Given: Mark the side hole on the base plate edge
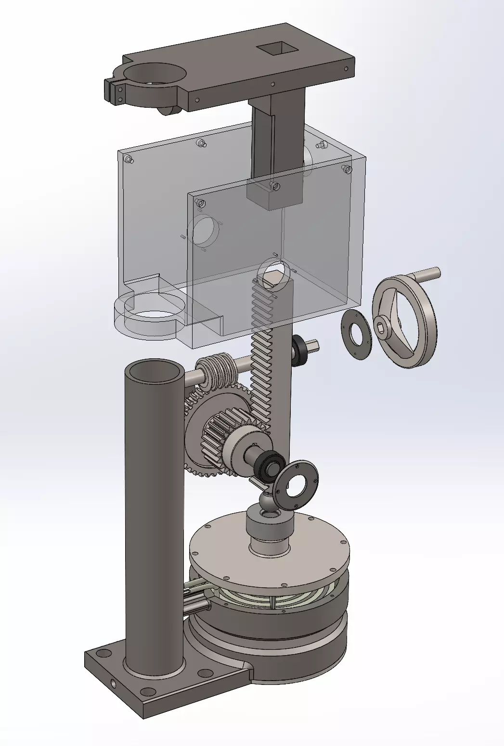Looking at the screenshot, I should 113,683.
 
